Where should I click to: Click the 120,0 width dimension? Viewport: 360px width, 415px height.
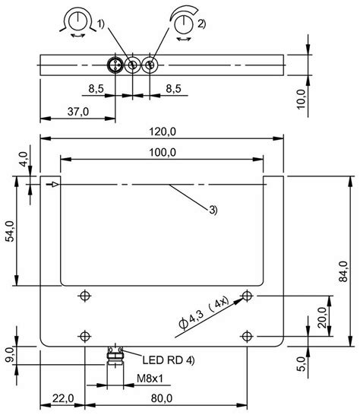tap(163, 131)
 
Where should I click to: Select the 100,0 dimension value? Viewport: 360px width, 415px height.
tap(163, 152)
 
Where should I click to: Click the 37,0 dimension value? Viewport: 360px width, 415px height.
tap(77, 111)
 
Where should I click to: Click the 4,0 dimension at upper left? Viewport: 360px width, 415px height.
tap(23, 160)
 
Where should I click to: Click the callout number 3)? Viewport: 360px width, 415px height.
tap(213, 210)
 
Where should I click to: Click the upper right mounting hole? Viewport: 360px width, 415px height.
tap(245, 295)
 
